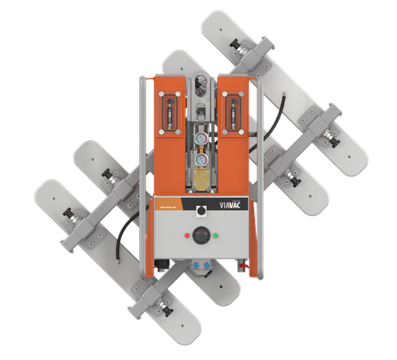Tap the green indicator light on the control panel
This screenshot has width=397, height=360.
(x=216, y=236)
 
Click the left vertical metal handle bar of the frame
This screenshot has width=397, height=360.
(x=141, y=175)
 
